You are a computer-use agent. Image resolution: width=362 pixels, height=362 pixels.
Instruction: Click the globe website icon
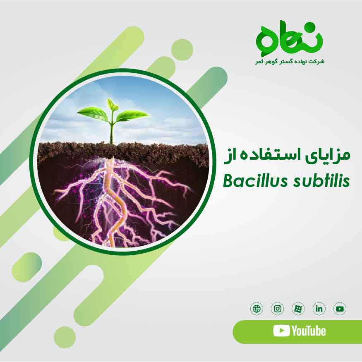257,309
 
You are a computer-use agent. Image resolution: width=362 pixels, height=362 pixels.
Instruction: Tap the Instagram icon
278,309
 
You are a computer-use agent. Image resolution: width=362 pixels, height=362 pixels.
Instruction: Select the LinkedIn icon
319,309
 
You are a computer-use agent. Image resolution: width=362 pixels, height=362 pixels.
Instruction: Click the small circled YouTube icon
340,309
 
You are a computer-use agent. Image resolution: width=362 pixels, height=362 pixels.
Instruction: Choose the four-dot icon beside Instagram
298,309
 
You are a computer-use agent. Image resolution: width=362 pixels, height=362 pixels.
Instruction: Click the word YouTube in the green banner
309,331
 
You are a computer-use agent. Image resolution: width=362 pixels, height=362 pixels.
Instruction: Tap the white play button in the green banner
281,331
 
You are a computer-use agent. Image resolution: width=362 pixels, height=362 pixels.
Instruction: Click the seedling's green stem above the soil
111,132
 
